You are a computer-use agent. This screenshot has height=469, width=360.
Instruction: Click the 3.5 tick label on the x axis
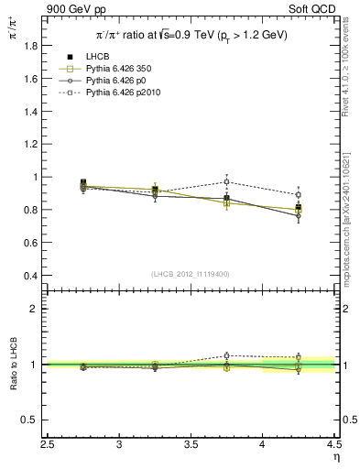click(191, 445)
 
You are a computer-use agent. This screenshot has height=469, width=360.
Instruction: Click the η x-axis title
click(335, 455)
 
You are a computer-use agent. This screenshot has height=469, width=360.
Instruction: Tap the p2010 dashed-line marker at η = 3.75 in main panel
click(226, 181)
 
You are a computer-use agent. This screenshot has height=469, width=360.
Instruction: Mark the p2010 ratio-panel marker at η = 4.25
click(298, 357)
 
